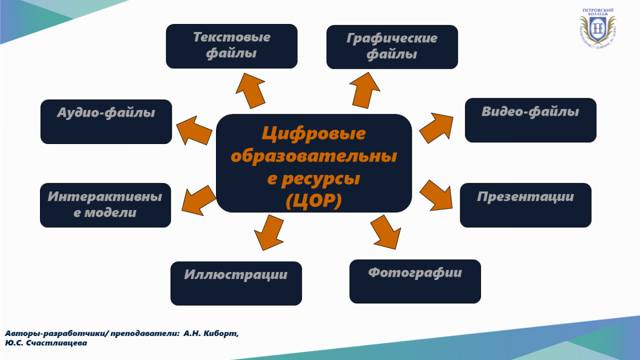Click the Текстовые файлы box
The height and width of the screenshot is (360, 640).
click(x=231, y=46)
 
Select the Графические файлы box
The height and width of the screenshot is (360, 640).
click(x=392, y=47)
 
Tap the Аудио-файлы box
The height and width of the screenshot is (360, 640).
click(x=106, y=122)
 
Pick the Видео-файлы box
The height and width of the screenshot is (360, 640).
click(x=531, y=121)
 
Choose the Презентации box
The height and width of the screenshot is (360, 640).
click(x=525, y=205)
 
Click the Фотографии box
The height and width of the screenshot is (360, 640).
click(x=415, y=282)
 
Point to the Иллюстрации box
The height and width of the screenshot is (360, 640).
click(x=236, y=283)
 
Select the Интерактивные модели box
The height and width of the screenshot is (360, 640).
click(x=106, y=205)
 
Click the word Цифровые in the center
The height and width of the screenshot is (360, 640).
click(x=314, y=133)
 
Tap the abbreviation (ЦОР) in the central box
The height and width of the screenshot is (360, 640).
click(x=314, y=201)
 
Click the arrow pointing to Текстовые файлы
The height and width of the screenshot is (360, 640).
click(x=251, y=91)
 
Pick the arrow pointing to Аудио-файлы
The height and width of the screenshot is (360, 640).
click(x=194, y=131)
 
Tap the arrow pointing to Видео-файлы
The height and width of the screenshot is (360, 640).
click(x=437, y=127)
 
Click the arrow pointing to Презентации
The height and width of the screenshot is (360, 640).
click(x=437, y=196)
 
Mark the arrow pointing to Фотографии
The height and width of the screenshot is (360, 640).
click(x=386, y=232)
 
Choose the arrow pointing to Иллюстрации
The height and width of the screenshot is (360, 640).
click(x=269, y=233)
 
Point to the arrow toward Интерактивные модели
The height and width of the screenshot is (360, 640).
click(x=199, y=201)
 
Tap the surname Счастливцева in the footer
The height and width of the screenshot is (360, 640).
click(x=57, y=343)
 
